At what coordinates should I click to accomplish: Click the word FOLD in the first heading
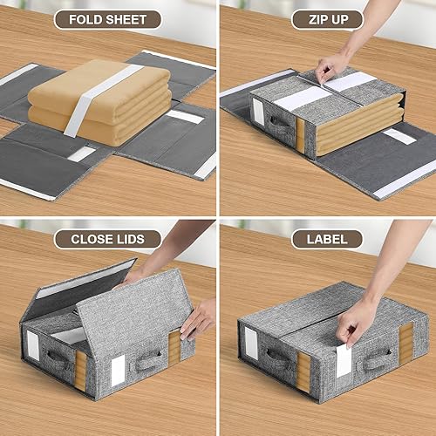[x=85, y=20]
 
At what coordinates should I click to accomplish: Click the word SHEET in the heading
[x=126, y=20]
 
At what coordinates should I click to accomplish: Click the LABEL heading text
[x=327, y=239]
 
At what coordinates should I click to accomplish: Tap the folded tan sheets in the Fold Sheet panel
[x=99, y=102]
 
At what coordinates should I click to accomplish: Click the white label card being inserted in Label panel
[x=344, y=360]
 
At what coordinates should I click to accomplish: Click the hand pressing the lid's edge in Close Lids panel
[x=198, y=320]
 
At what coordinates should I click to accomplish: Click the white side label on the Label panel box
[x=251, y=343]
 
